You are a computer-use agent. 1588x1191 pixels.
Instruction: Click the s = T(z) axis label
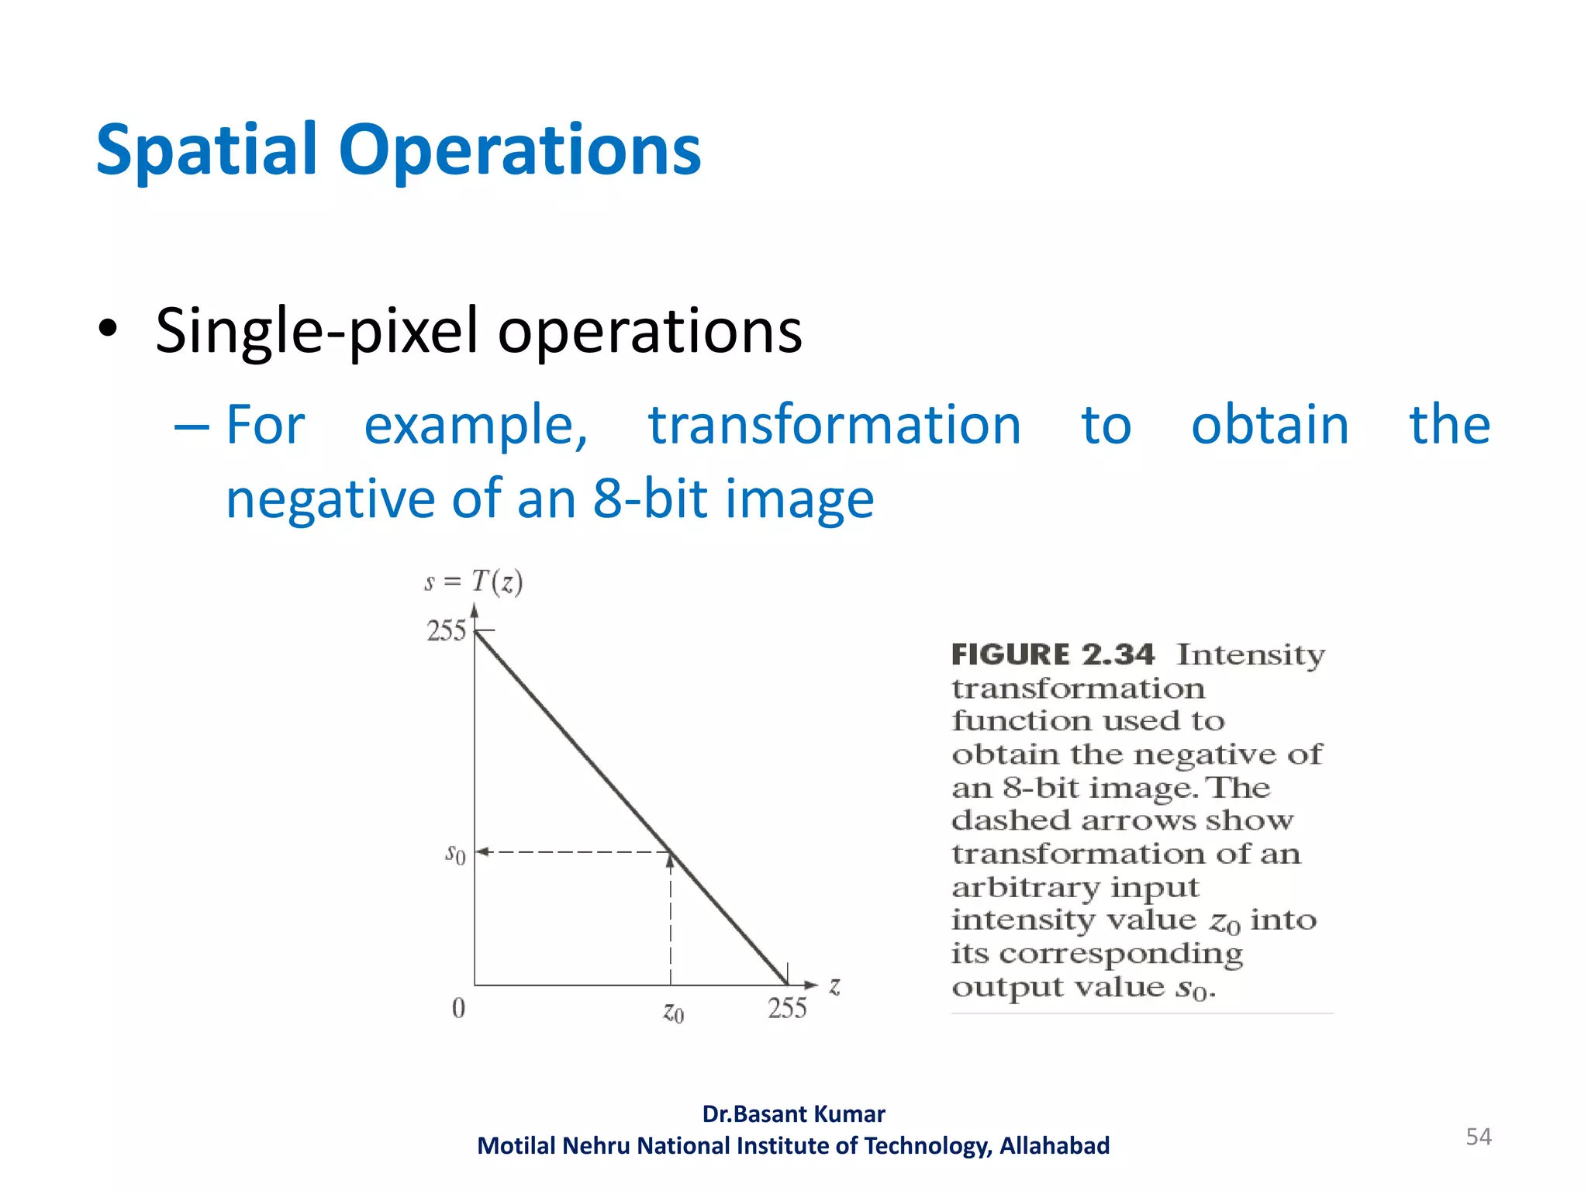474,582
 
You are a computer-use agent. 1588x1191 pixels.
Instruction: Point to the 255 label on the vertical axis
446,631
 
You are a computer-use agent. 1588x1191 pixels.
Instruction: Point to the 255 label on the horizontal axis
787,1008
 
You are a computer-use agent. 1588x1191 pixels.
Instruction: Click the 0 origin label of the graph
458,1008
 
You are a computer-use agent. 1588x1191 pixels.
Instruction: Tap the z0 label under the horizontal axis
673,1012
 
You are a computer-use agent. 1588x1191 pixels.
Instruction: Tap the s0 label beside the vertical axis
455,854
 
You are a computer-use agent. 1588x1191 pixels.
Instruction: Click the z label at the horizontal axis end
834,986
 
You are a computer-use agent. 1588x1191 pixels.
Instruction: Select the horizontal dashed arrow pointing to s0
574,852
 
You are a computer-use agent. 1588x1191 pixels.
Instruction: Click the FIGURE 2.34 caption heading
1053,654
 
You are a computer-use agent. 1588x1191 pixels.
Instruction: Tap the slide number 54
1478,1137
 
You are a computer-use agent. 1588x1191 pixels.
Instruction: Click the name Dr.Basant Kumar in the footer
793,1114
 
